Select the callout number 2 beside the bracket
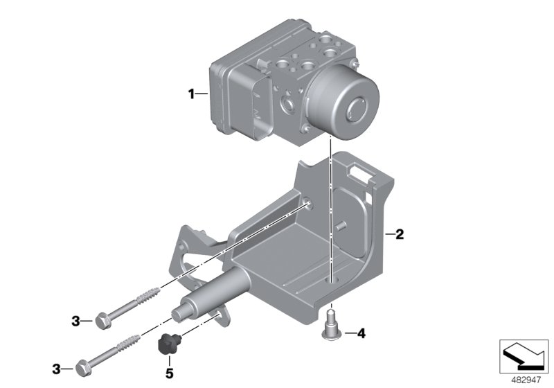tap(400, 235)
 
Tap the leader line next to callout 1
tap(206, 94)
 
